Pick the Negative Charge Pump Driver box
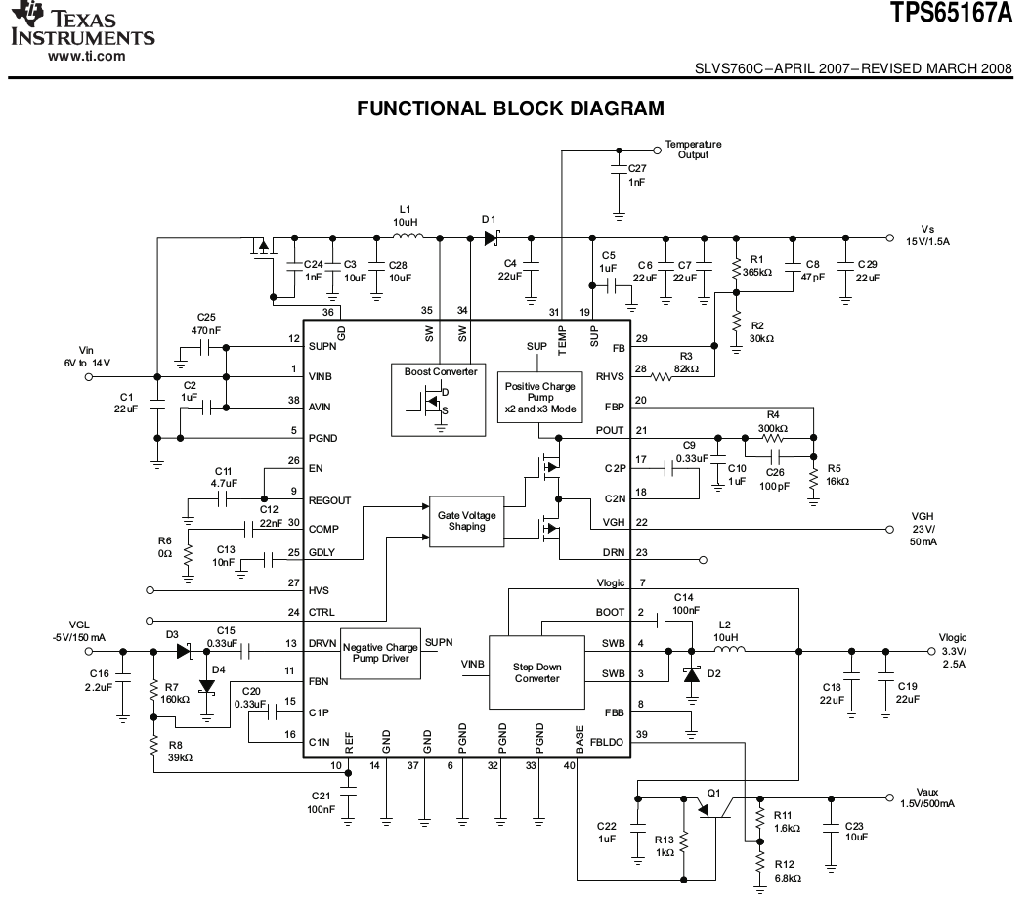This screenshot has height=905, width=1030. coord(381,654)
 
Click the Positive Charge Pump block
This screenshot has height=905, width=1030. coord(539,392)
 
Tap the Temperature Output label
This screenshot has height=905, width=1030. coord(693,149)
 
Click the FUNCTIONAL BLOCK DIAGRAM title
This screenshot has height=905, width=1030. coord(511,108)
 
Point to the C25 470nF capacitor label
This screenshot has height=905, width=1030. coord(205,323)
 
